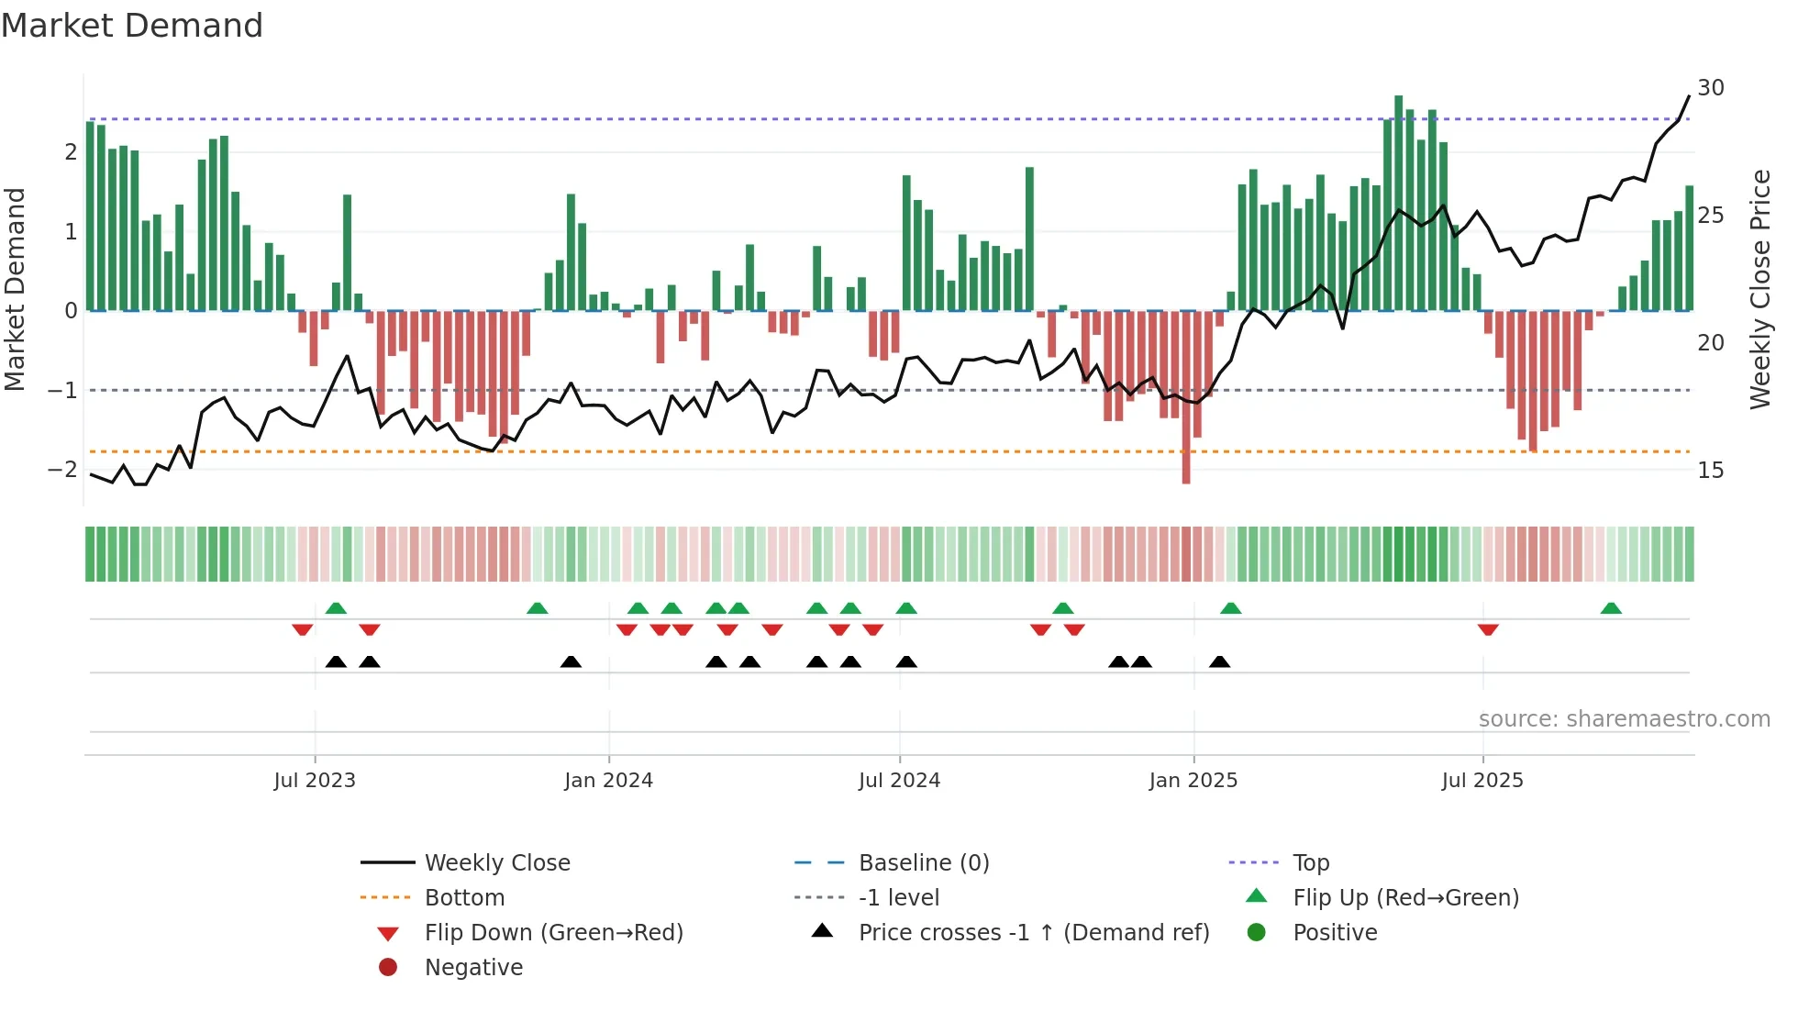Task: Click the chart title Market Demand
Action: coord(132,26)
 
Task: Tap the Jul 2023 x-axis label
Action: coord(315,781)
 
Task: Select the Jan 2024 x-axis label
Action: coord(608,781)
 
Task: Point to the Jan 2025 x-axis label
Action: coord(1193,781)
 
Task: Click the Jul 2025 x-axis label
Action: coord(1482,781)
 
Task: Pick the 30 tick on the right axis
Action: coord(1710,88)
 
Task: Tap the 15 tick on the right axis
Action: coord(1710,471)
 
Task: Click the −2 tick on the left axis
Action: coord(62,470)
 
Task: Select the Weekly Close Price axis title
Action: coord(1759,289)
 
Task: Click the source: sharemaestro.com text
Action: coord(1624,719)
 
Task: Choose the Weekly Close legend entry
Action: coord(496,863)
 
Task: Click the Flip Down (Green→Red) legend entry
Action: coord(553,933)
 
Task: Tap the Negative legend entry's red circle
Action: coord(388,968)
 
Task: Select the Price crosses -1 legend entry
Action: coord(1033,933)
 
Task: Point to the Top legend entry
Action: coord(1310,863)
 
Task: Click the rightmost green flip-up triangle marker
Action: coord(1611,608)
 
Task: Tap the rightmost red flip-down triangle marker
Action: coord(1488,629)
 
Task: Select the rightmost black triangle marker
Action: coord(1219,661)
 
